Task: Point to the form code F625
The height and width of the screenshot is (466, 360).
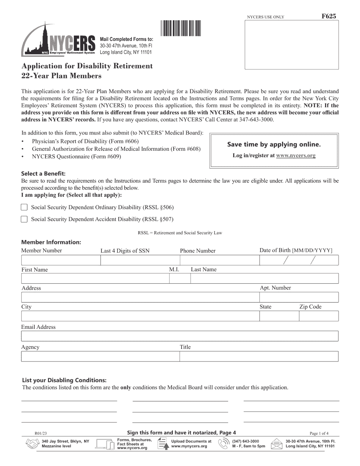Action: tap(328, 16)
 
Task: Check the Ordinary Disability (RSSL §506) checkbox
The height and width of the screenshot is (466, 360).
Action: tap(24, 207)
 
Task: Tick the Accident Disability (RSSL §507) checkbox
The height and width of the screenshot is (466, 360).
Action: tap(24, 219)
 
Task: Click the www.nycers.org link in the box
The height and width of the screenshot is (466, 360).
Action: tap(296, 155)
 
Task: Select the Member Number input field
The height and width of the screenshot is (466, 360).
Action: tap(61, 260)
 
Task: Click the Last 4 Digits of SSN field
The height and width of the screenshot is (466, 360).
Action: tap(140, 260)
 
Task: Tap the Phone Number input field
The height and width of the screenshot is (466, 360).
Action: tap(219, 260)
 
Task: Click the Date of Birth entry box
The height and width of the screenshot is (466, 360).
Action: tap(299, 260)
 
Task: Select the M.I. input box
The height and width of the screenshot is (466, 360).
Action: tap(180, 279)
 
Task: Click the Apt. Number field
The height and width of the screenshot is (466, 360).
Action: tap(299, 297)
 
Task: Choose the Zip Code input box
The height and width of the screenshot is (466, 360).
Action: tap(318, 316)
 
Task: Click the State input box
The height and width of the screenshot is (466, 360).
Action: tap(279, 316)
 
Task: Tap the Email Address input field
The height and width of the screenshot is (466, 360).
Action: tap(180, 336)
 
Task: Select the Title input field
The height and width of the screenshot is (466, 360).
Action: tap(259, 356)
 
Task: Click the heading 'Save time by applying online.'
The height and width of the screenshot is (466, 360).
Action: tap(274, 144)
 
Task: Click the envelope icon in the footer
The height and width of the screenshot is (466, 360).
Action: tap(277, 444)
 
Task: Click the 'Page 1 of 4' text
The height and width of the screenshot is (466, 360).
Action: tap(319, 433)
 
